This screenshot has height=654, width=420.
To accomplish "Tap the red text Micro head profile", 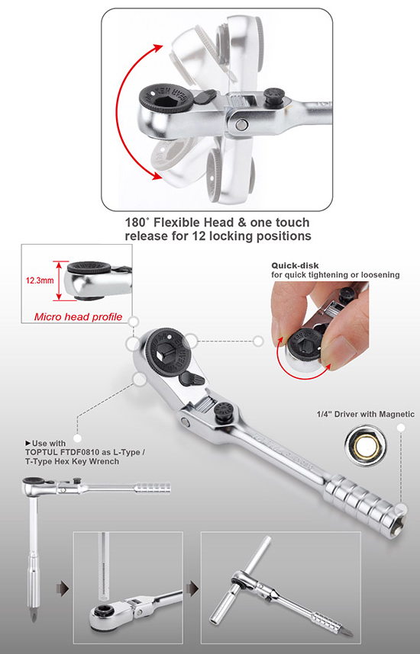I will [x=79, y=317].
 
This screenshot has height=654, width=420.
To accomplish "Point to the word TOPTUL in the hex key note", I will [x=47, y=451].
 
